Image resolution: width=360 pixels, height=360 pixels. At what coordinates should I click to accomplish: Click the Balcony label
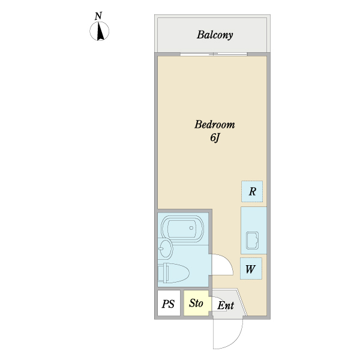coord(215,35)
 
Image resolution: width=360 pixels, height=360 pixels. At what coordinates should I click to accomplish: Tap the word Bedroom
coord(214,125)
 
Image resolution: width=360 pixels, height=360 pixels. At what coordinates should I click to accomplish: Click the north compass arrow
coord(100,31)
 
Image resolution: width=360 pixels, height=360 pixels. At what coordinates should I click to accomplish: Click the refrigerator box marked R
coord(252,192)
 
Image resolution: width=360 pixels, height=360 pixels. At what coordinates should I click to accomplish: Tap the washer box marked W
coord(251,269)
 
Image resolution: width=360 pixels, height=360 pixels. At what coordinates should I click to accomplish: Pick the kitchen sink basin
coord(251,241)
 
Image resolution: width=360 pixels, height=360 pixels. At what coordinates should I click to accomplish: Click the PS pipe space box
coord(169,304)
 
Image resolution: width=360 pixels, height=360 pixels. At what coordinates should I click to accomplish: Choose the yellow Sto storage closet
coord(196,304)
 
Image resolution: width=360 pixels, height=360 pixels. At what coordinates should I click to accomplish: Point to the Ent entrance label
coord(226,305)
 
